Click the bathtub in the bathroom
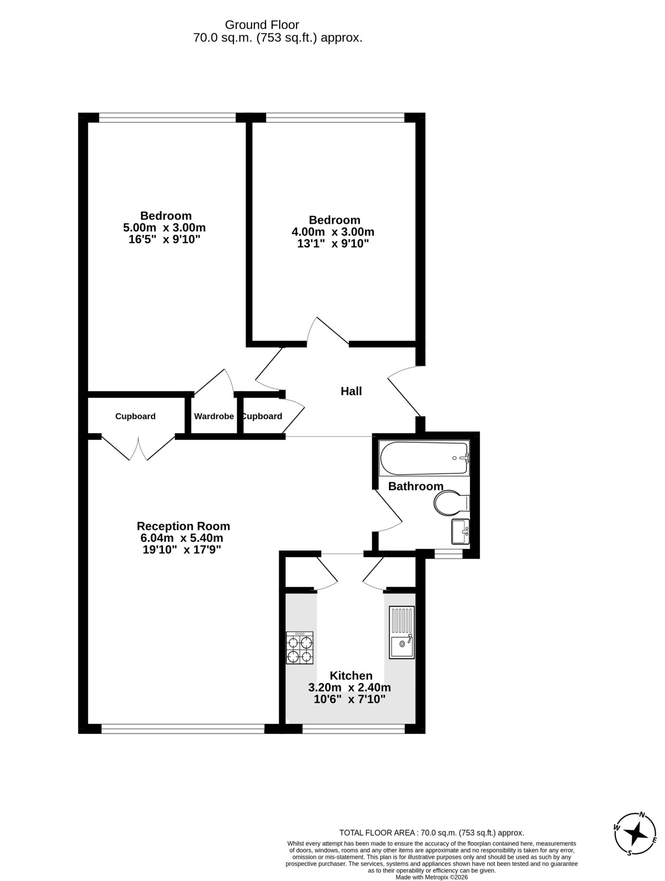tap(424, 458)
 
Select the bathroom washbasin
tap(460, 531)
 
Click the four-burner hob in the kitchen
tap(300, 647)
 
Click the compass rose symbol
tap(635, 835)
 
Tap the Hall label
tap(351, 391)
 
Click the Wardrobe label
tap(214, 416)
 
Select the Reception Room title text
tap(183, 526)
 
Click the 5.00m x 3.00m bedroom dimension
tap(164, 227)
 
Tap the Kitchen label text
tap(351, 675)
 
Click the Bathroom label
tap(416, 486)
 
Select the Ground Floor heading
tap(262, 25)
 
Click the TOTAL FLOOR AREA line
tap(431, 832)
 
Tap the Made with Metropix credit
tap(431, 877)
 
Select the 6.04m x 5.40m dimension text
tap(182, 538)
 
